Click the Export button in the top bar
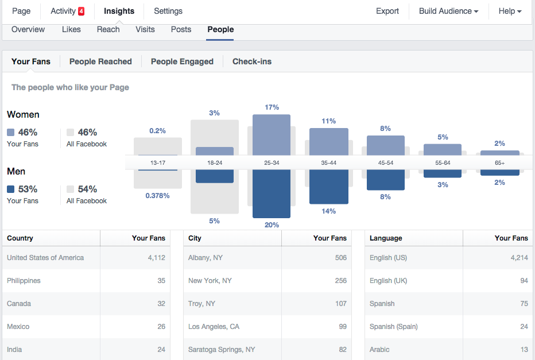387,11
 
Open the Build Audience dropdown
448,11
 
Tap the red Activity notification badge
81,11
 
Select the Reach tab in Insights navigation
108,29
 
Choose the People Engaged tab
182,61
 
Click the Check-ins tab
252,61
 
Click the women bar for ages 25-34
271,134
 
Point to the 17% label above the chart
272,107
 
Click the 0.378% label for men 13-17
158,196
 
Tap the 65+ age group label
500,163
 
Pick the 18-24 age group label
215,163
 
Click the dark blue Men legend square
11,189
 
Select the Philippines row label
24,281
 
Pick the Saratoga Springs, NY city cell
222,350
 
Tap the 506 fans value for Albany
340,258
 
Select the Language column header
386,238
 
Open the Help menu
510,11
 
